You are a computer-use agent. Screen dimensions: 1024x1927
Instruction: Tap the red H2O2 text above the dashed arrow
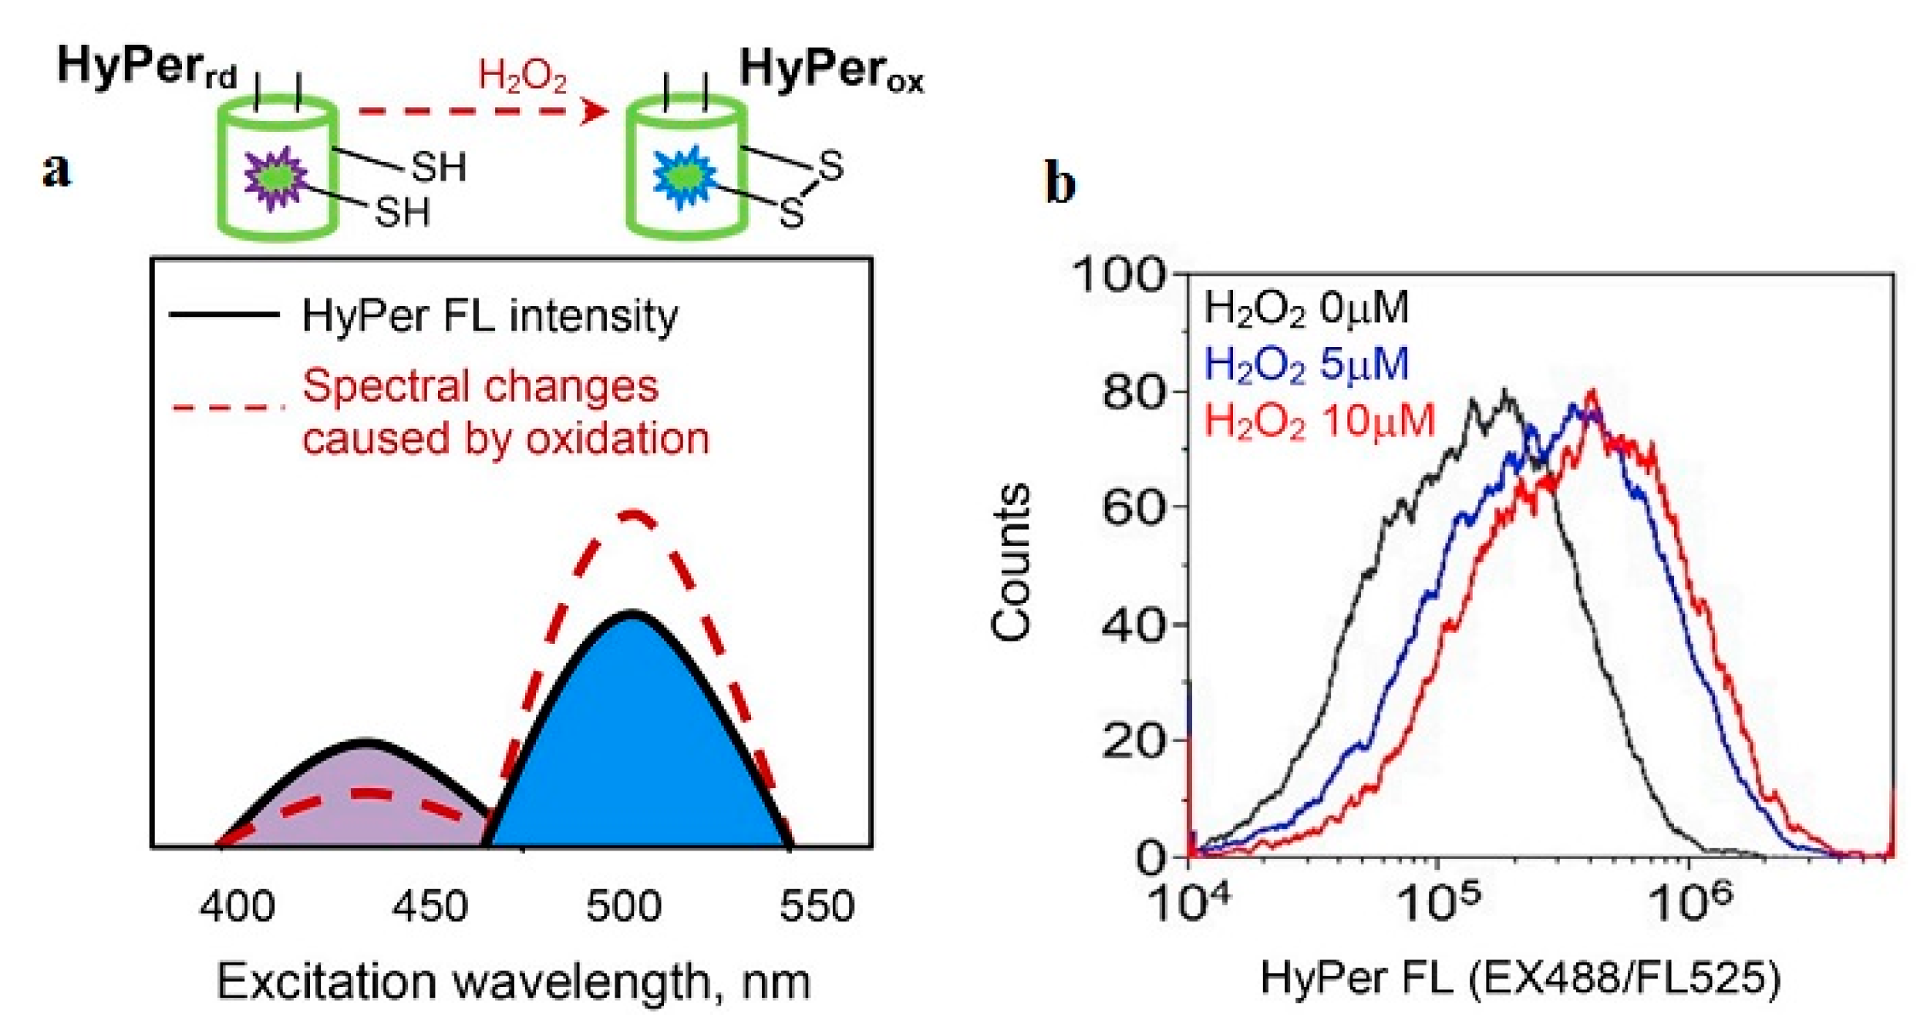522,78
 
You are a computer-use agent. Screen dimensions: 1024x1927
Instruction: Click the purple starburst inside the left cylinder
275,178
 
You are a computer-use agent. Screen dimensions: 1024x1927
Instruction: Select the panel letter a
56,170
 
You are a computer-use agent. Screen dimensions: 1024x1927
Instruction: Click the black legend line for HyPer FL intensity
224,314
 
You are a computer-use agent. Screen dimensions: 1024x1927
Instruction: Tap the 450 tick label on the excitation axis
429,906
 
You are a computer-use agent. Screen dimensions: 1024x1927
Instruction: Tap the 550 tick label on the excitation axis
816,906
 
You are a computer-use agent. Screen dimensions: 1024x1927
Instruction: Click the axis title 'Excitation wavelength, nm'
513,982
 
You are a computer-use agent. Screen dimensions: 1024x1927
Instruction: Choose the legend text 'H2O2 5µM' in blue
1305,365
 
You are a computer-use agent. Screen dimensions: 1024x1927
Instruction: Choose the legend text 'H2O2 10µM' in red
1319,422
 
